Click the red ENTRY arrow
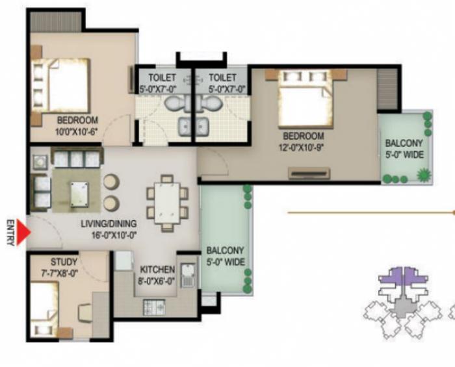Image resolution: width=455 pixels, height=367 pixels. click(x=21, y=233)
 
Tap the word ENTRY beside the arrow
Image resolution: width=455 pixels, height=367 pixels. click(x=10, y=232)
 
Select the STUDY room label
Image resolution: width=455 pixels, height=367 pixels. click(x=64, y=262)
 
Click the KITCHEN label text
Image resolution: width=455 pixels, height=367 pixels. click(x=157, y=270)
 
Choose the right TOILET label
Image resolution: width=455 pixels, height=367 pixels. click(x=222, y=77)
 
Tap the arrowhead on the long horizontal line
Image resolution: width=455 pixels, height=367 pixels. click(x=452, y=212)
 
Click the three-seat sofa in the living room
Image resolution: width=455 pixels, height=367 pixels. click(x=77, y=158)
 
